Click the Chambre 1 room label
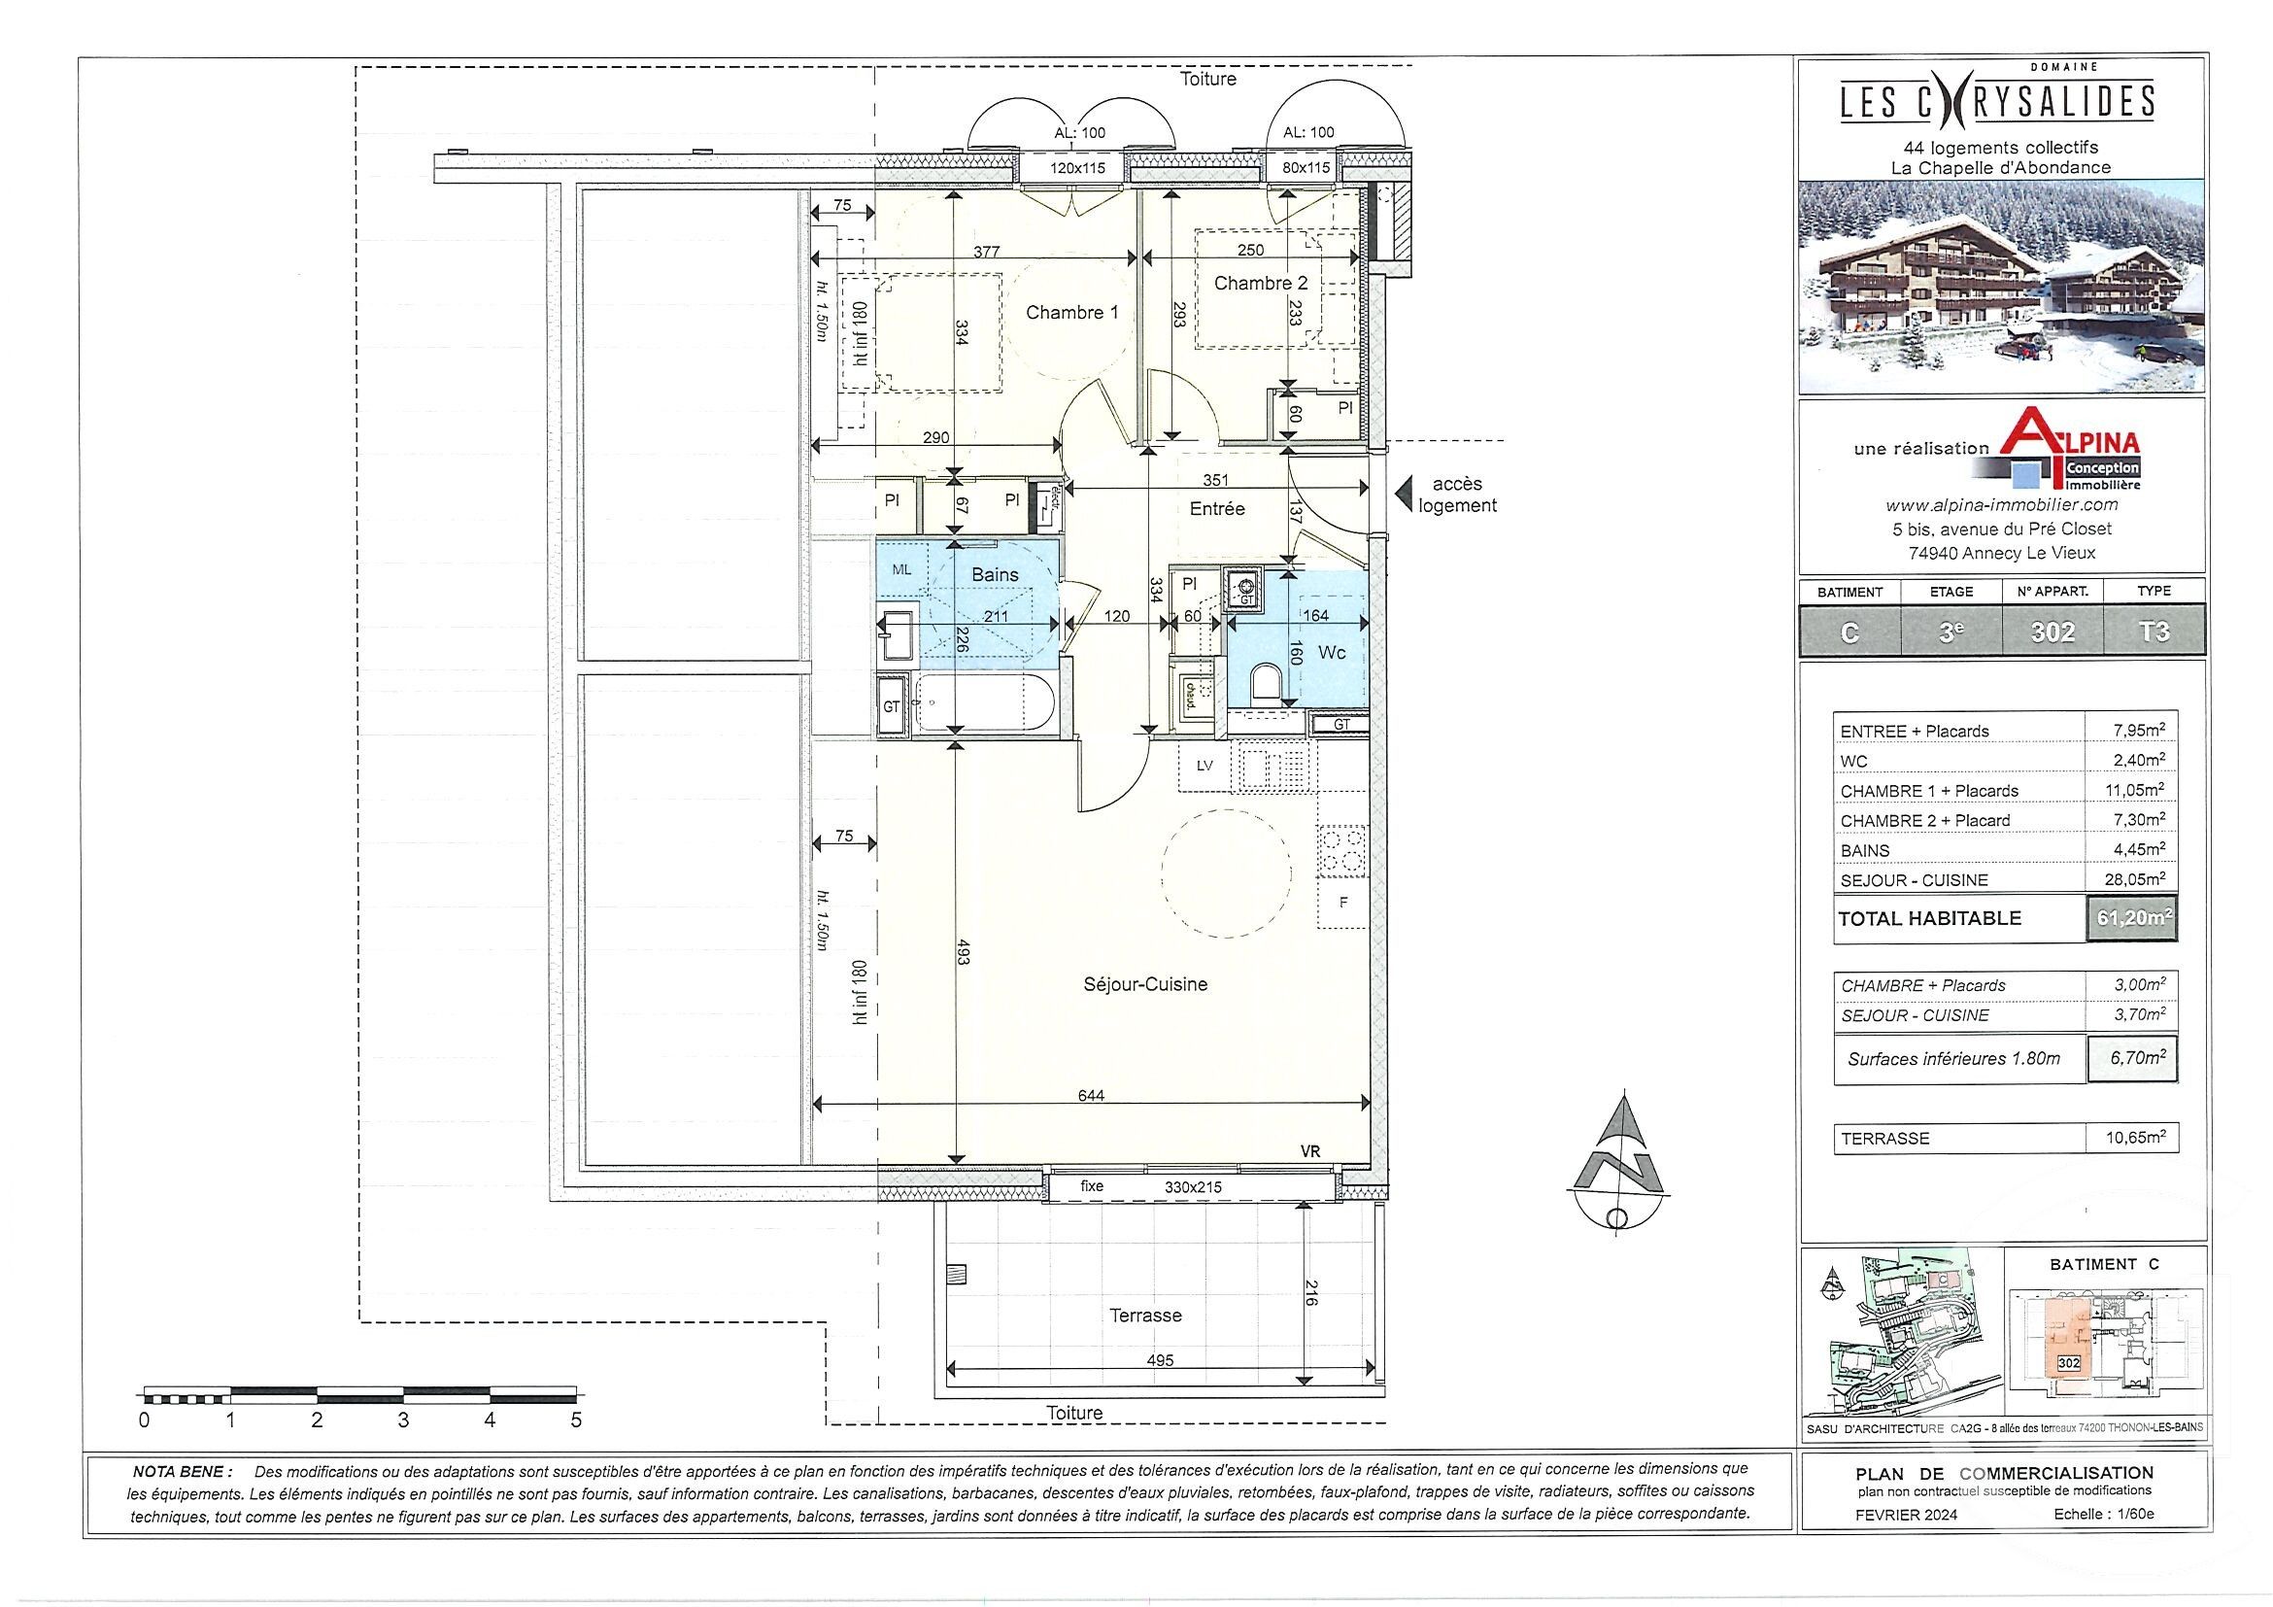pos(1071,313)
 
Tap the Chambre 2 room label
pos(1259,283)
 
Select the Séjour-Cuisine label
pos(1144,984)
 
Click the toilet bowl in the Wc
pos(1265,681)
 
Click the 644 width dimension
pos(1090,1095)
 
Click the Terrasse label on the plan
pos(1144,1315)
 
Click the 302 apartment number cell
pos(2052,632)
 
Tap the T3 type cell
pos(2154,632)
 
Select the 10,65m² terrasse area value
pos(2133,1138)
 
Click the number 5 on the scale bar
pos(576,1419)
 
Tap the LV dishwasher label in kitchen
pos(1204,766)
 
